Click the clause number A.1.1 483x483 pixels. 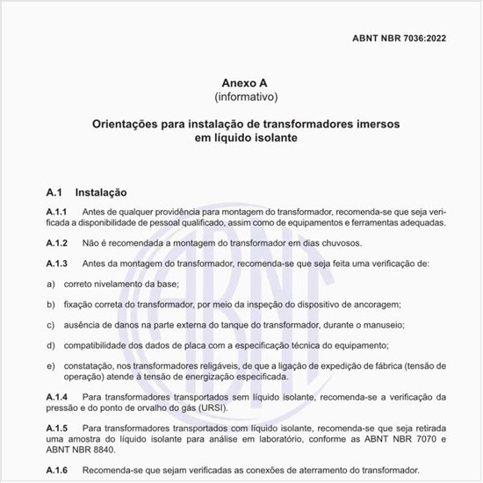pos(57,213)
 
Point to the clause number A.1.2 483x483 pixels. pos(57,242)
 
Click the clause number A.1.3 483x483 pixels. pos(57,263)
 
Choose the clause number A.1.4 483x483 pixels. pos(57,398)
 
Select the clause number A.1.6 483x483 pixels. pos(57,469)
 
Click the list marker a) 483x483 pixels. pos(50,284)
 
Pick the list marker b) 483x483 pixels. pos(50,304)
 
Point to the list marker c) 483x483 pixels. pos(50,324)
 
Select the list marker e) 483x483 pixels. pos(50,365)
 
